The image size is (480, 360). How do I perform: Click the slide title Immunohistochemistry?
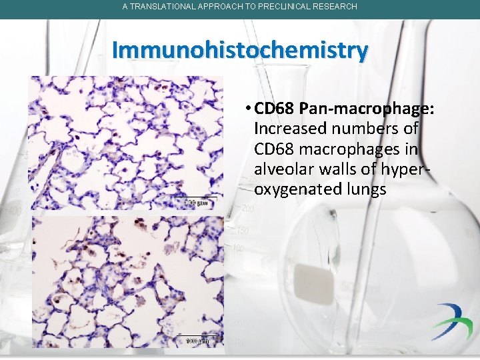(x=240, y=50)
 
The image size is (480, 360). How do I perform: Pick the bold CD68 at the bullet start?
(x=275, y=108)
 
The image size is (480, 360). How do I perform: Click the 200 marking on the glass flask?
(x=247, y=209)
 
